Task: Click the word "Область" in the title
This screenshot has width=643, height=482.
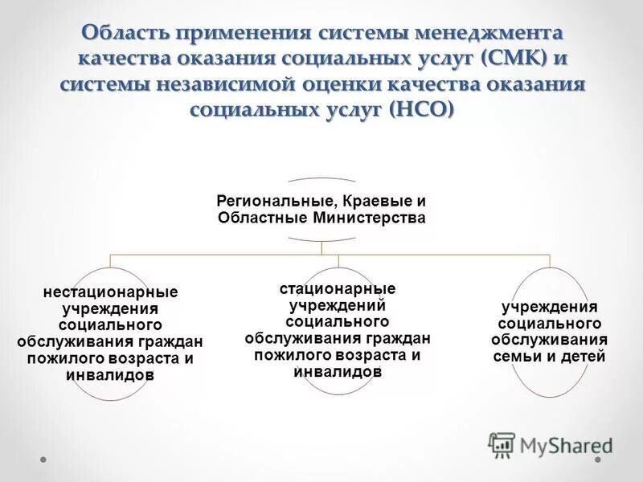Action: [125, 34]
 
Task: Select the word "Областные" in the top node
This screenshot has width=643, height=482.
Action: [256, 218]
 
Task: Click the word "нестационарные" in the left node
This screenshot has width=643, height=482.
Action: [110, 292]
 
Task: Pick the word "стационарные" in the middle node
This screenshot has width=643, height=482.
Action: [337, 288]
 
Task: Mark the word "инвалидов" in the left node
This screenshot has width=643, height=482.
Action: [110, 374]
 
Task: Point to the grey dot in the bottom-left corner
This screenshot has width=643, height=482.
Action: [43, 460]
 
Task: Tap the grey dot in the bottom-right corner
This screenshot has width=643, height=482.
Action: [599, 460]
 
